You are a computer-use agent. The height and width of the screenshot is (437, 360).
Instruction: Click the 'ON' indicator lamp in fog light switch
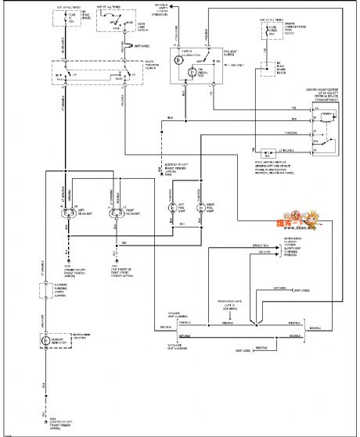point(206,73)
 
